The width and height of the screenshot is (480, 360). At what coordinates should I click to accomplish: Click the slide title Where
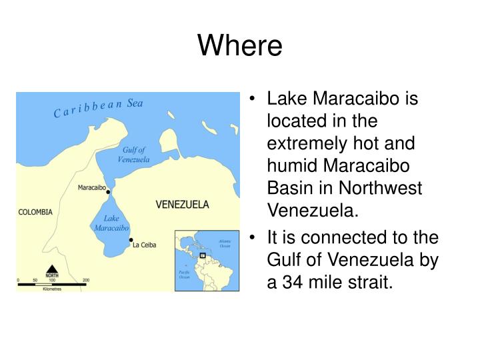(240, 45)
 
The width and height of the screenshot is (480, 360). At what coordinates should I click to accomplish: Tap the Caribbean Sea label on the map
(98, 108)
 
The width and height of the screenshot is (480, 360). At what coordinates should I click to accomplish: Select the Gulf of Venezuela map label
(133, 155)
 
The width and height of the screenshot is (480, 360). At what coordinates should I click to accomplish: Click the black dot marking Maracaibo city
(109, 191)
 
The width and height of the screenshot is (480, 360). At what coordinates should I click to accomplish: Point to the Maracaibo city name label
(91, 187)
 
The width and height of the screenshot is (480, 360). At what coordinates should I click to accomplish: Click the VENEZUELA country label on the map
(182, 204)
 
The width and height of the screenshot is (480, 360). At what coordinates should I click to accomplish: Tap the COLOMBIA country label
(35, 213)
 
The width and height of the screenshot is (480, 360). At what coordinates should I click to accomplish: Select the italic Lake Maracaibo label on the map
(111, 223)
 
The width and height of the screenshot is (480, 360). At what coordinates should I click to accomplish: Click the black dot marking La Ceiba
(131, 240)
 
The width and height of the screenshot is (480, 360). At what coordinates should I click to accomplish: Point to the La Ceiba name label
(145, 245)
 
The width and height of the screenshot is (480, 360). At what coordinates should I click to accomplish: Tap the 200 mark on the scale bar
(85, 279)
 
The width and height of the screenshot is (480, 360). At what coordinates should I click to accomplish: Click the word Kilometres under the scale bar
(52, 289)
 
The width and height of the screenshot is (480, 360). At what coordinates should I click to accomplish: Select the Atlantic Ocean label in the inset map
(225, 244)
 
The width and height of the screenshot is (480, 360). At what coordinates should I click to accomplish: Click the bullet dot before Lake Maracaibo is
(256, 100)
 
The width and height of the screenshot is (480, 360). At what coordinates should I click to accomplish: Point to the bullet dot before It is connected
(256, 238)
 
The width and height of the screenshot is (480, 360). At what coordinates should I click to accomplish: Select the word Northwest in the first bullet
(384, 189)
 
